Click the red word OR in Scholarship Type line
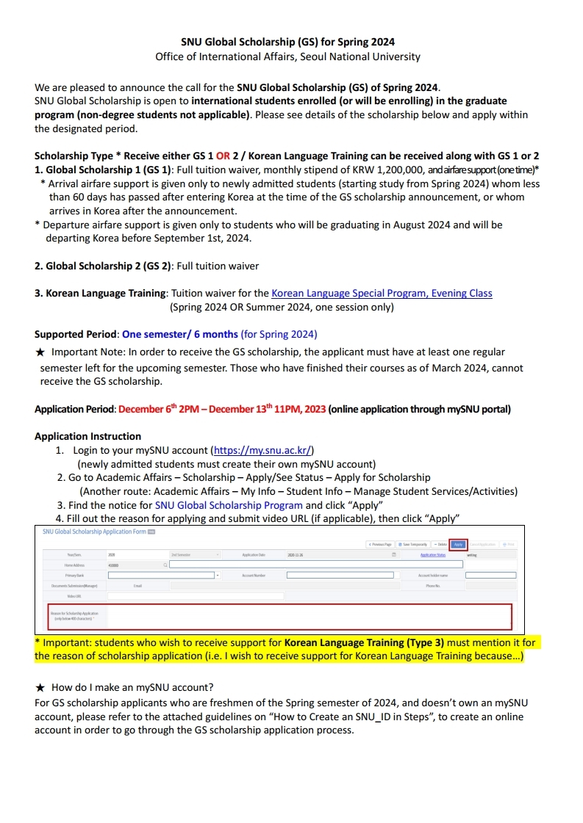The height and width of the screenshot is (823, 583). [x=223, y=156]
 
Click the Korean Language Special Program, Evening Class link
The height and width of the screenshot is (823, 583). [x=382, y=293]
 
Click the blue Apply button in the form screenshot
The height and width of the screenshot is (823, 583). [x=459, y=544]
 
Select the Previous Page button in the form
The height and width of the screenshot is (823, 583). [x=379, y=544]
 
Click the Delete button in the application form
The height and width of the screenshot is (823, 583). [x=440, y=544]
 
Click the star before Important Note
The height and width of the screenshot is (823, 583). [x=41, y=352]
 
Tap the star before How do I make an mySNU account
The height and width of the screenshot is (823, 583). [x=41, y=687]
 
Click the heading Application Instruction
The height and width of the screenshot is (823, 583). [x=87, y=436]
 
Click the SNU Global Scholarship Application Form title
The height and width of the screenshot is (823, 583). [x=94, y=532]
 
